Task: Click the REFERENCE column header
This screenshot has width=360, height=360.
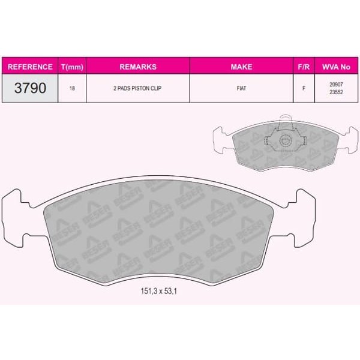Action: (x=30, y=67)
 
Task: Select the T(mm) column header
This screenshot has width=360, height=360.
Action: (x=72, y=67)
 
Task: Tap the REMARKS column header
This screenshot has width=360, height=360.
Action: (x=138, y=67)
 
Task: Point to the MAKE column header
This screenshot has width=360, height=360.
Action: (x=242, y=67)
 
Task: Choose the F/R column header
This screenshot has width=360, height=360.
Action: (x=304, y=67)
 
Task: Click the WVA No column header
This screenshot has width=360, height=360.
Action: (x=336, y=67)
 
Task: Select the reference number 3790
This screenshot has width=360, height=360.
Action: (x=30, y=88)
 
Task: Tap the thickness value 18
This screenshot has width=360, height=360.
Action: (x=72, y=88)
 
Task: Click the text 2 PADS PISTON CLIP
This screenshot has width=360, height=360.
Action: (x=137, y=88)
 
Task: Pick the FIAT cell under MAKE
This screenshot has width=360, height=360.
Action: (x=242, y=88)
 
